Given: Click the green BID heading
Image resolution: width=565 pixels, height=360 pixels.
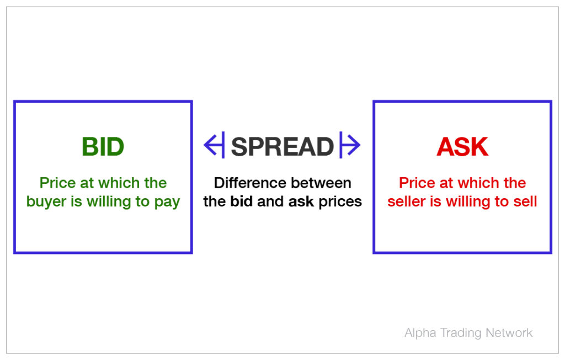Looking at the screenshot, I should [103, 147].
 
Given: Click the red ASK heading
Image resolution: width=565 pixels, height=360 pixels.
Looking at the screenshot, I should [462, 147].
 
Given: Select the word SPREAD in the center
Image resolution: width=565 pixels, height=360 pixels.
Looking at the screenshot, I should [282, 147].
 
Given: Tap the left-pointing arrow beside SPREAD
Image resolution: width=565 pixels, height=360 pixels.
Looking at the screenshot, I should [214, 146].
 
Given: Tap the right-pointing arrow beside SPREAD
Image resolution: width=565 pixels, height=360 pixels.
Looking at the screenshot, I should [350, 146].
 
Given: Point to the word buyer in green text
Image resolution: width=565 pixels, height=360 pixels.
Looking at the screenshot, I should [46, 202].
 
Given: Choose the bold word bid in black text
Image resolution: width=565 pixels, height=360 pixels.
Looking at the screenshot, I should [242, 202].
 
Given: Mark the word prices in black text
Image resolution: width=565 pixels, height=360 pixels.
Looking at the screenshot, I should [340, 202].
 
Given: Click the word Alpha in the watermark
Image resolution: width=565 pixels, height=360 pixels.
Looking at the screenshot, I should [420, 333].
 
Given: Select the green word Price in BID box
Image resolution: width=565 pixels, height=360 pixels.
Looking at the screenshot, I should [56, 183].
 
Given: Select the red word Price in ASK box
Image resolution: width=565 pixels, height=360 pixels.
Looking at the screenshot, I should [415, 183].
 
